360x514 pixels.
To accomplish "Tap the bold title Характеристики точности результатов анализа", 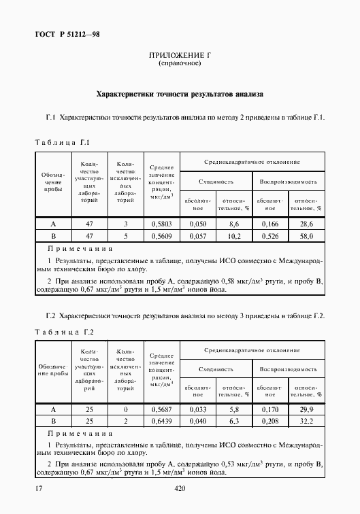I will (180, 94).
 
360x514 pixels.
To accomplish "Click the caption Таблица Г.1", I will (62, 142).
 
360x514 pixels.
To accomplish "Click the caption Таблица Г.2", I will (62, 331).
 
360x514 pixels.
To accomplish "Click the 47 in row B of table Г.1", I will (90, 237).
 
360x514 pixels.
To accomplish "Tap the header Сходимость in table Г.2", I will (216, 369).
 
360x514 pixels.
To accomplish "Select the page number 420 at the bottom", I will (180, 488).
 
